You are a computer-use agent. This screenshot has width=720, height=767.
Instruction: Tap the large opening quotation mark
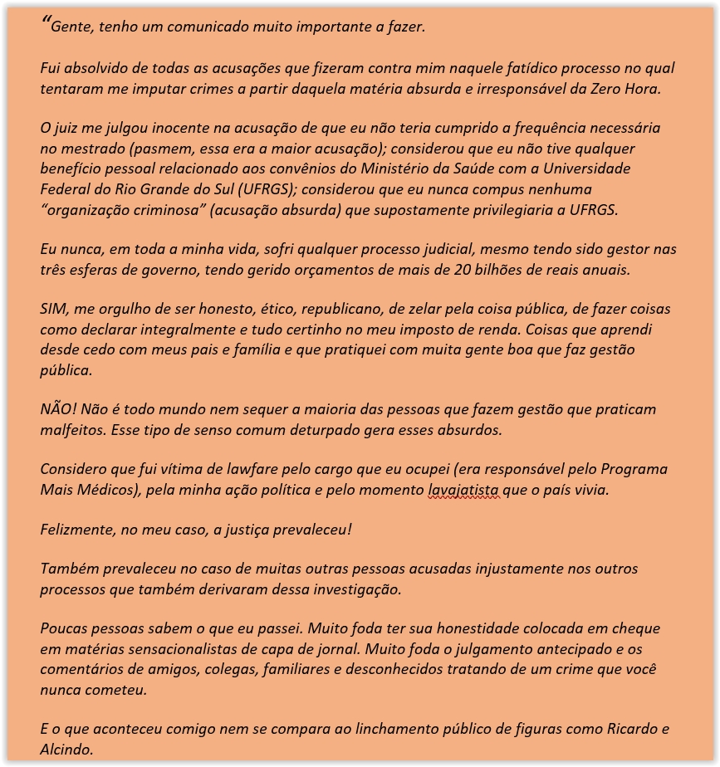coord(46,22)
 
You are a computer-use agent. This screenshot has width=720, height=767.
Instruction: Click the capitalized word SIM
coord(54,309)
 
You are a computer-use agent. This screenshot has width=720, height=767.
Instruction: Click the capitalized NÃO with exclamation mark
coord(56,409)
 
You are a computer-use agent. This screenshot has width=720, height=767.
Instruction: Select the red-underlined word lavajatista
coord(463,490)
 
